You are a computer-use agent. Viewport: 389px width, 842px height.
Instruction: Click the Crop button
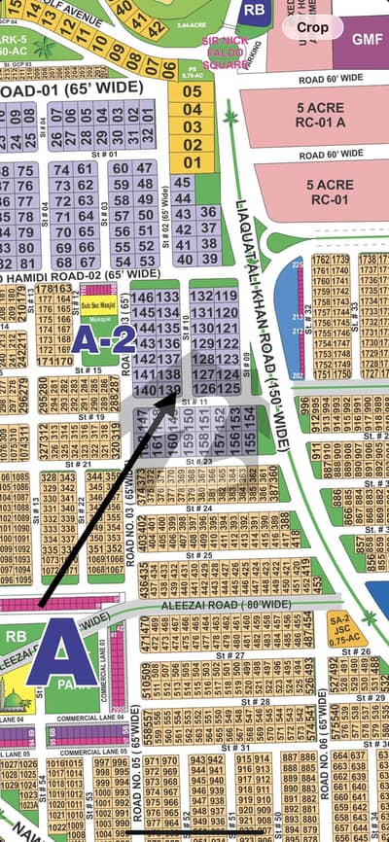pos(313,27)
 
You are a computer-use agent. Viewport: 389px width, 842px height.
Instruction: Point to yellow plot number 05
pos(193,91)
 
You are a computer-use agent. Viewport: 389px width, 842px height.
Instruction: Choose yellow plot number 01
pos(193,162)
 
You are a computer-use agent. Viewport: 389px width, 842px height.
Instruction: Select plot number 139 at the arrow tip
pos(167,389)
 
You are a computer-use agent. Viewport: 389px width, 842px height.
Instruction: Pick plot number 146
pos(143,296)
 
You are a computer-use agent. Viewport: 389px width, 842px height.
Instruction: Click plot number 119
pos(227,296)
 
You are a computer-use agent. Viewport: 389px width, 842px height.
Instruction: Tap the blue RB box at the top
pos(255,11)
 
